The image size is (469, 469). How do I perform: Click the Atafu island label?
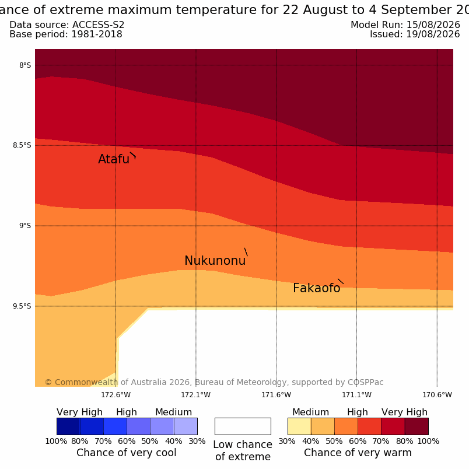click(x=114, y=159)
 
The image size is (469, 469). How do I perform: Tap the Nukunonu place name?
click(x=215, y=261)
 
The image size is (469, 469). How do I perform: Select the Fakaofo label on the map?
click(x=316, y=288)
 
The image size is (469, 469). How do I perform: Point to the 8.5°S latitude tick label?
click(x=22, y=145)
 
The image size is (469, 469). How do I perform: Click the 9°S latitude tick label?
click(x=25, y=226)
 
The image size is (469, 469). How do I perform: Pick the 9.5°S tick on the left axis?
click(x=22, y=306)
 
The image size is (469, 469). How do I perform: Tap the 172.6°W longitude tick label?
click(x=116, y=395)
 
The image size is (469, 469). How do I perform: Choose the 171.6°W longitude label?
click(x=276, y=395)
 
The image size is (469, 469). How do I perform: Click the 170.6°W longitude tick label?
click(x=437, y=395)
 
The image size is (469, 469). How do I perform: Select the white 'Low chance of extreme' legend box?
click(x=243, y=426)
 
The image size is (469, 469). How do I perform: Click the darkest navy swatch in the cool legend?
click(x=68, y=426)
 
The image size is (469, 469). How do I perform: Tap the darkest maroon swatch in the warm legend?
click(x=416, y=426)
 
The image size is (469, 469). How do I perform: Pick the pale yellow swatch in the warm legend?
click(x=299, y=426)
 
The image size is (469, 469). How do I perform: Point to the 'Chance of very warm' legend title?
click(x=358, y=453)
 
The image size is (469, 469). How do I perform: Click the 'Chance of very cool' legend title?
click(x=126, y=453)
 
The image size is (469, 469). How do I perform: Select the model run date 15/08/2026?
click(x=433, y=25)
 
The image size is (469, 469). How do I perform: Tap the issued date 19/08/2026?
click(x=433, y=34)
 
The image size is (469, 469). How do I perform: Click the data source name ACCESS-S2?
click(x=99, y=25)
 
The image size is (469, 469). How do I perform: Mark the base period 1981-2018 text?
click(x=97, y=34)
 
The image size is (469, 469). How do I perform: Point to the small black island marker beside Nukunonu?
click(x=246, y=252)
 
